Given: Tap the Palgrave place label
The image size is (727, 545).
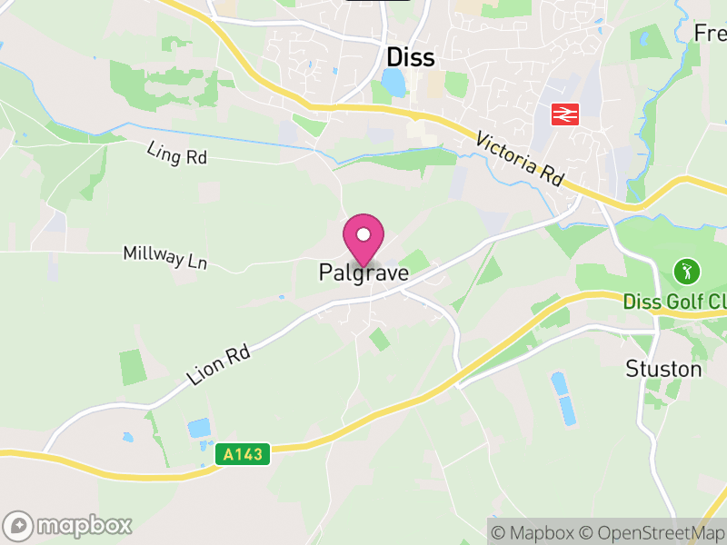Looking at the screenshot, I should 363,272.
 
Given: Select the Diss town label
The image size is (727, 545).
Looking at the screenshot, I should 411,57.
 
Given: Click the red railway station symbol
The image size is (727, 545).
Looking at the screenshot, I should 565,114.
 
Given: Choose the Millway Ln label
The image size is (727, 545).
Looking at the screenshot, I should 165,256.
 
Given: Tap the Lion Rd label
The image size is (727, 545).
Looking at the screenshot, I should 218,362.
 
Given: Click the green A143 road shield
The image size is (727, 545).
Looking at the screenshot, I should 244,453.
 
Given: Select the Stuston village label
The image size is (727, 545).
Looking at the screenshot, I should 663,369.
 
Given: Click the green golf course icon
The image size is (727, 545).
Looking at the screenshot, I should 686,270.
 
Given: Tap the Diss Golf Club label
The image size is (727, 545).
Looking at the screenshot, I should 675,301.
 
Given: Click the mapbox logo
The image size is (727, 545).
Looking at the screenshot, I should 68,525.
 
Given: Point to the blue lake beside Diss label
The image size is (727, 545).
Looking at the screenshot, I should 394,84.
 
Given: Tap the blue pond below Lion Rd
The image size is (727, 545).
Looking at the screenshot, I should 198,427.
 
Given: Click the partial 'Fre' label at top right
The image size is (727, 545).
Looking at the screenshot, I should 711,33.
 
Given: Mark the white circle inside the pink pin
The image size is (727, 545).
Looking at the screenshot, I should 363,234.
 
